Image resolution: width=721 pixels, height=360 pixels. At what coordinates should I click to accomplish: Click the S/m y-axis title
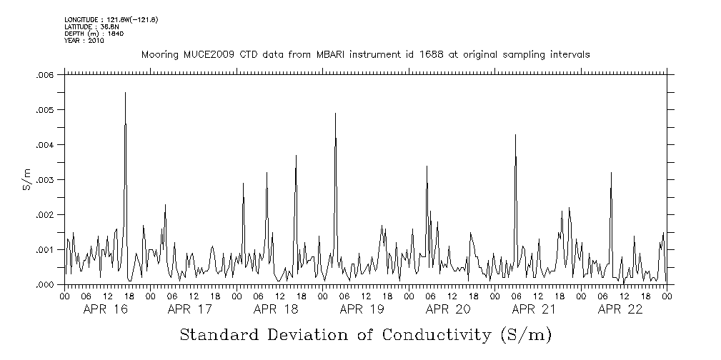(26, 180)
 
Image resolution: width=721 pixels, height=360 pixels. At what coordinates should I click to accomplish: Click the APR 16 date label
(104, 309)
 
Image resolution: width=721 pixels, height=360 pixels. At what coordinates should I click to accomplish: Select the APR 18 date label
(276, 309)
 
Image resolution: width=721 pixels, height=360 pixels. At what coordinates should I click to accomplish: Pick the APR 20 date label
(447, 309)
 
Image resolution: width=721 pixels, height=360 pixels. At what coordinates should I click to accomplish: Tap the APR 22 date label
(620, 309)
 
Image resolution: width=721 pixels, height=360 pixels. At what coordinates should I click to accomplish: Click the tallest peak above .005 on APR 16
(125, 93)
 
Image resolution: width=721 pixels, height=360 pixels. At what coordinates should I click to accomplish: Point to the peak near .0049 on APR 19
(335, 114)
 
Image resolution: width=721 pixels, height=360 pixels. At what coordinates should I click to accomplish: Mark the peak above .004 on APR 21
(515, 135)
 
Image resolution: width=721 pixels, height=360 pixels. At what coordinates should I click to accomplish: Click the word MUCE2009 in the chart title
(199, 55)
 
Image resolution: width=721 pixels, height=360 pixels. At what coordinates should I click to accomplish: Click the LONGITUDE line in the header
(111, 19)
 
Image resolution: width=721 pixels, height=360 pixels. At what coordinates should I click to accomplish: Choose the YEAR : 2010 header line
(84, 41)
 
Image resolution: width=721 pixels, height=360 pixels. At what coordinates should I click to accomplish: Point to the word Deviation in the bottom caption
(310, 335)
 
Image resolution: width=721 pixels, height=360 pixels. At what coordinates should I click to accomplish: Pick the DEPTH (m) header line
(85, 34)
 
